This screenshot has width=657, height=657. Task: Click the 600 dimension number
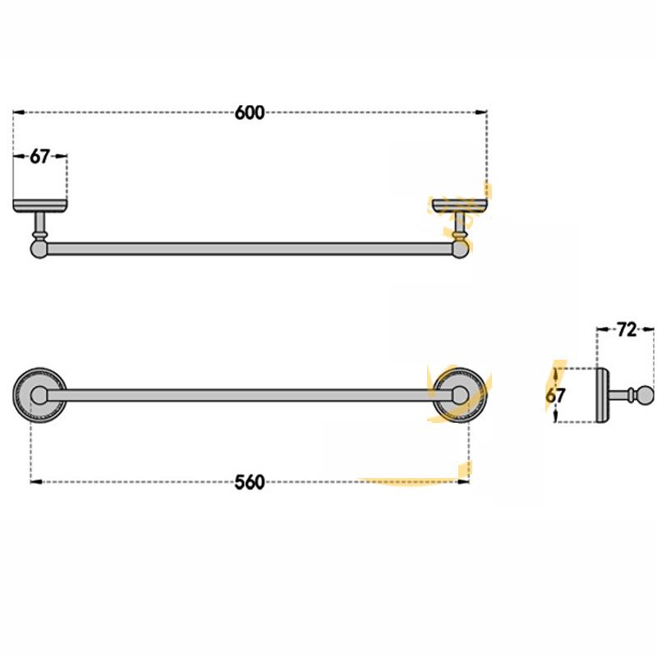[250, 113]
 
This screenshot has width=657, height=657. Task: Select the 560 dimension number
[250, 482]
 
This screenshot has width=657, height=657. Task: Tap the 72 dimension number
[627, 330]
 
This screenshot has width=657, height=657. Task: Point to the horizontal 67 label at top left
[40, 157]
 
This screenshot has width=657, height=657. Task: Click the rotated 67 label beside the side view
[557, 394]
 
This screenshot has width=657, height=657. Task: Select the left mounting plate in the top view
[39, 204]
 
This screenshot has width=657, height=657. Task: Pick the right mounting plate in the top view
[460, 204]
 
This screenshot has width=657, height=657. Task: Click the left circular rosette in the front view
[39, 397]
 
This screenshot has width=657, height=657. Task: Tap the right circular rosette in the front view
[460, 397]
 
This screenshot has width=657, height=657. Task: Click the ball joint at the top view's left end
[39, 246]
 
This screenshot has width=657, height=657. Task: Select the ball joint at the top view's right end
[460, 246]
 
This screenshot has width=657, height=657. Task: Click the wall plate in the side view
[602, 396]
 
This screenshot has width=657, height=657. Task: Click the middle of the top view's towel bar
[250, 247]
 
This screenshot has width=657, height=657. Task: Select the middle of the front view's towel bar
[250, 397]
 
